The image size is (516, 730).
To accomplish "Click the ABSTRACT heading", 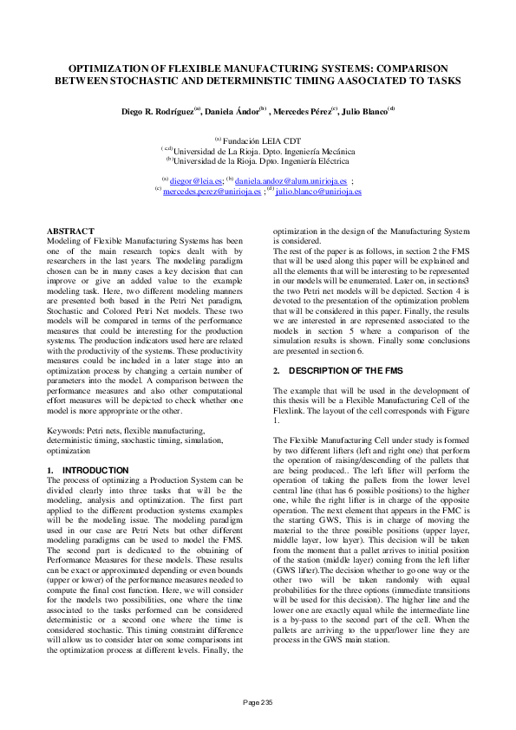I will pos(69,231).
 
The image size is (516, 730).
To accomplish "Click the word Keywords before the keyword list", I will pos(64,430).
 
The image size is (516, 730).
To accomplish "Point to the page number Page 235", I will pos(258,702).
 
